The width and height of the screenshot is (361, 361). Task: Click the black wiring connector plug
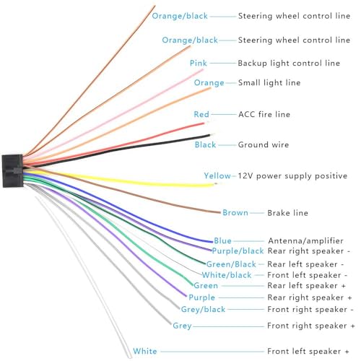[x=12, y=170]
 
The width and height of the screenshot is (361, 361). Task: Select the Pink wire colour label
[x=199, y=63]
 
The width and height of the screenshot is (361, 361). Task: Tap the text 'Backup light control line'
[x=289, y=63]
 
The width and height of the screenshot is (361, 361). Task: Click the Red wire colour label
[x=201, y=114]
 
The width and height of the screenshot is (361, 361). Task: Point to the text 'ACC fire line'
[x=264, y=114]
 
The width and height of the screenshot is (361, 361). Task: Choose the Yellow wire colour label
[x=217, y=176]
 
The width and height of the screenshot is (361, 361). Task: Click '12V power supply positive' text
[x=292, y=176]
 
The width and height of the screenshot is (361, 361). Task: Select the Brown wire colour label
[x=235, y=213]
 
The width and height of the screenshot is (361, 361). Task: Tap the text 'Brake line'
[x=287, y=213]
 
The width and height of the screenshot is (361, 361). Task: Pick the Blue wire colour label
[x=222, y=240]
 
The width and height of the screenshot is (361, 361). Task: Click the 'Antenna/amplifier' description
[x=305, y=240]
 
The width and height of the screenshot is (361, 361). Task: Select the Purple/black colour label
[x=238, y=251]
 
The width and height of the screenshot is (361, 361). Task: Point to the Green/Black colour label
[x=231, y=264]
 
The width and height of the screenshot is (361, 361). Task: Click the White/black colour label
[x=227, y=275]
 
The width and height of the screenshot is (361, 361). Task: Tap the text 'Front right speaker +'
[x=311, y=326]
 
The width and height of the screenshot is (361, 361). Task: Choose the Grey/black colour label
[x=203, y=309]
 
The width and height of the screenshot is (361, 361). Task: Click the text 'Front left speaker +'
[x=308, y=352]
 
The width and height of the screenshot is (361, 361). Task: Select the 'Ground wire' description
[x=264, y=144]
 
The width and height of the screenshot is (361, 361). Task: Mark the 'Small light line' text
[x=269, y=83]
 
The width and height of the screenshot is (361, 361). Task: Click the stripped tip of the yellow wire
[x=216, y=184]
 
